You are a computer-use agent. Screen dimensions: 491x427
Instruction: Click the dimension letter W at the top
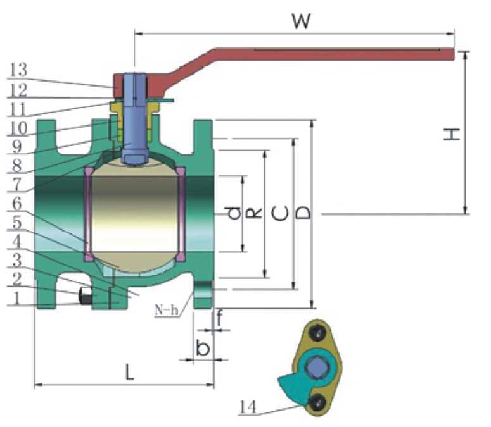point(301,21)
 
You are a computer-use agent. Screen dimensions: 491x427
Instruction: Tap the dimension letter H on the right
point(452,134)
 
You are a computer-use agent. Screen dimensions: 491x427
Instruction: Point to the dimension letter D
point(303,213)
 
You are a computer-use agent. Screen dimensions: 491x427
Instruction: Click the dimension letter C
point(279,214)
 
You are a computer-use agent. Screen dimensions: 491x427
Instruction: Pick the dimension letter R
point(254,214)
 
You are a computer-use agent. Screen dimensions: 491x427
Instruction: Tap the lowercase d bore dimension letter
point(234,214)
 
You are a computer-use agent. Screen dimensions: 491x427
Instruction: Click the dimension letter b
point(203,347)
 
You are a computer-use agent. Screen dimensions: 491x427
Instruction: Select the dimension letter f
point(219,318)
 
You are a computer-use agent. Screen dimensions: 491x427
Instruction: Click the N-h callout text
point(167,310)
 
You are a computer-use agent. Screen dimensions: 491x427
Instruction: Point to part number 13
point(19,70)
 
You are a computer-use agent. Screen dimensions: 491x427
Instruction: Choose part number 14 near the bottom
point(248,407)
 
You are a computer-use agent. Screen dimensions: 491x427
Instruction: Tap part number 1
point(17,298)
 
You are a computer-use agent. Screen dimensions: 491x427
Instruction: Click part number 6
point(16,204)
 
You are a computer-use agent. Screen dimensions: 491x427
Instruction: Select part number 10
point(19,128)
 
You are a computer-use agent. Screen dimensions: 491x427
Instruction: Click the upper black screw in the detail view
point(317,333)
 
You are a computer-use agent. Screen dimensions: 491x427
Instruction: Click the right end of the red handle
point(454,54)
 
